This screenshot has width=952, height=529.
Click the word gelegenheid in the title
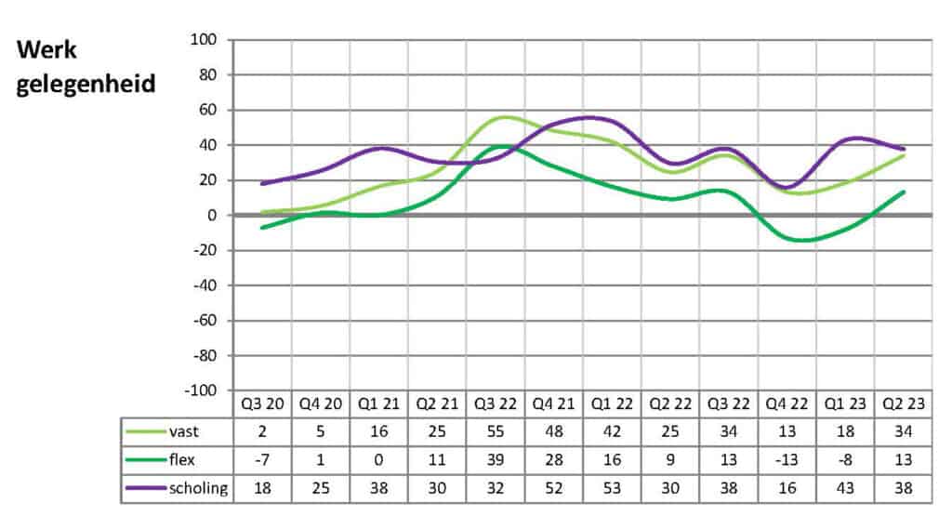click(85, 84)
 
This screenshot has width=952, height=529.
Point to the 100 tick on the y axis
click(204, 40)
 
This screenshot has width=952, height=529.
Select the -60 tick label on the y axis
click(202, 321)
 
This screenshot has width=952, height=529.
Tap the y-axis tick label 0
click(211, 216)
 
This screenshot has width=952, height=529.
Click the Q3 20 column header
click(261, 404)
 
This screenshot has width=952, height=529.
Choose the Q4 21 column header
click(553, 404)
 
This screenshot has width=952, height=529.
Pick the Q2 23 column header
click(903, 404)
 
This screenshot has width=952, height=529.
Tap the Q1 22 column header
click(612, 404)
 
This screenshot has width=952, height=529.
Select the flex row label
click(186, 460)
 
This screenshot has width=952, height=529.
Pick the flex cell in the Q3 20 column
click(261, 460)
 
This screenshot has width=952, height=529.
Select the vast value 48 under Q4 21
click(553, 432)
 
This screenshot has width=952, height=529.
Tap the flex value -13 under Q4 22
click(787, 460)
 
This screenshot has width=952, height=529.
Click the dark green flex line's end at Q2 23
click(903, 192)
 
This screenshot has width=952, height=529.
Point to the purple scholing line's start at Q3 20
click(262, 183)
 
